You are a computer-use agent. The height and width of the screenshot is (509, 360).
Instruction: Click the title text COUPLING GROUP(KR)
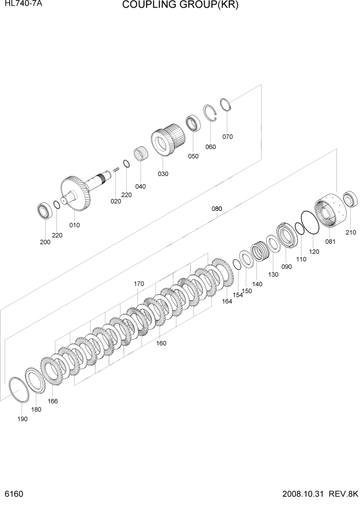[181, 6]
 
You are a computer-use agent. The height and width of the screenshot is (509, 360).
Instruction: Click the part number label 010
[74, 225]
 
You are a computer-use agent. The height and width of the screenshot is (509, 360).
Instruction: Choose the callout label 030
[163, 173]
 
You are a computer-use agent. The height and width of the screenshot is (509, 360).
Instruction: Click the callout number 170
[138, 284]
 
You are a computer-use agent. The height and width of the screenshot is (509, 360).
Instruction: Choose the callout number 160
[161, 343]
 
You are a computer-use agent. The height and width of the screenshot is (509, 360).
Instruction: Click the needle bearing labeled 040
[141, 154]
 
